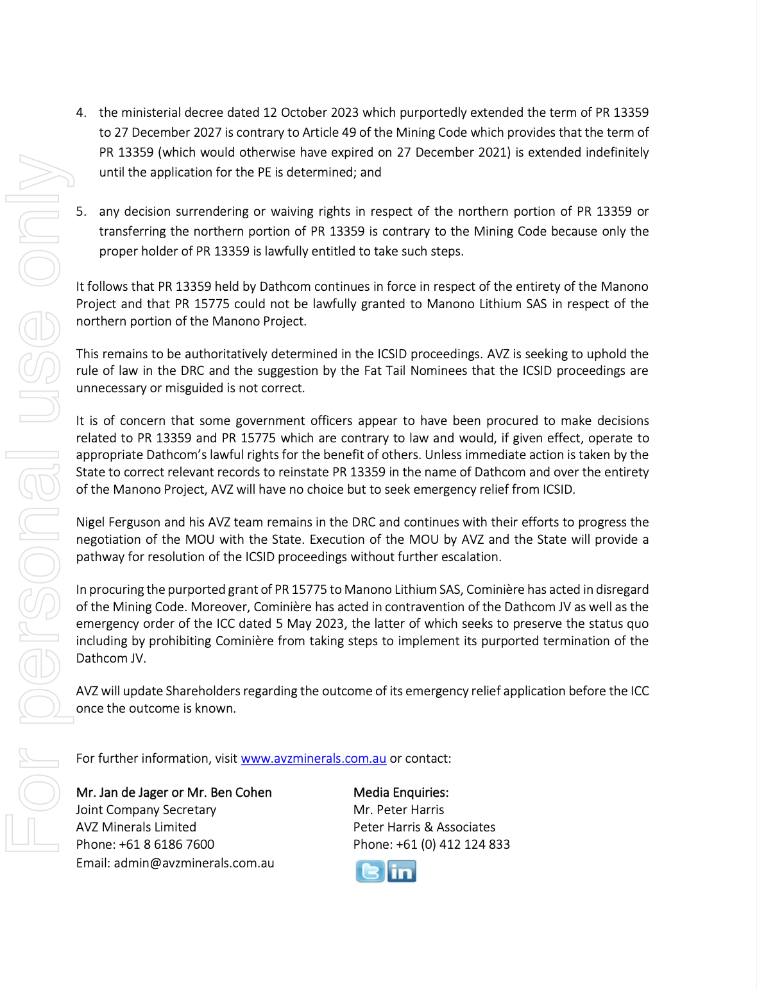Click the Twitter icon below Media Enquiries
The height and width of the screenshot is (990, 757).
(370, 871)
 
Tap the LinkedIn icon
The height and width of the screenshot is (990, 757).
(402, 871)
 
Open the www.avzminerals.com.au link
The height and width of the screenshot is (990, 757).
(313, 758)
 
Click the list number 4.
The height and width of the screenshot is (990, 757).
(81, 112)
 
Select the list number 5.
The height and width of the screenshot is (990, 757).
(81, 211)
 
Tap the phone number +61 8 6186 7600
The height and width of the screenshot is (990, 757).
(167, 844)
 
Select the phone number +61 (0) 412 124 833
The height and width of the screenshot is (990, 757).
(453, 844)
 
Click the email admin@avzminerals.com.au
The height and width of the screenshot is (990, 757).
(194, 863)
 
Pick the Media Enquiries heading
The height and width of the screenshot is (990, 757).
(401, 792)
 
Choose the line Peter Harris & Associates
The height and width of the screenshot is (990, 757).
(424, 827)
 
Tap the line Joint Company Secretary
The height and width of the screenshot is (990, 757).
(146, 810)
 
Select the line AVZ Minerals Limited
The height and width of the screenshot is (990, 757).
(136, 827)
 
